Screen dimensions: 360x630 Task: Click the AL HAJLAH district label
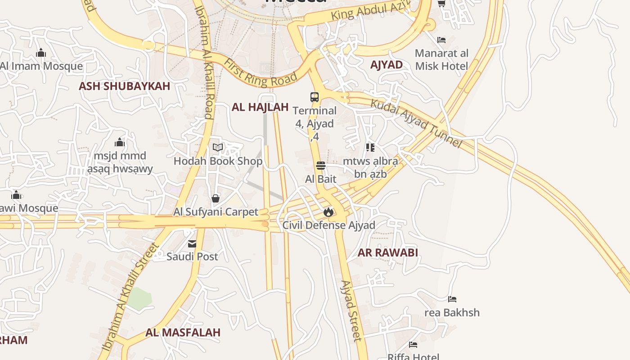(260, 107)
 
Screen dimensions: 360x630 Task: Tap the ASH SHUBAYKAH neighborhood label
(124, 86)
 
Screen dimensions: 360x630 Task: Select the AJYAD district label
(386, 64)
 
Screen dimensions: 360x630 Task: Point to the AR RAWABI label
(387, 252)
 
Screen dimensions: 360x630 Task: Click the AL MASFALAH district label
(183, 333)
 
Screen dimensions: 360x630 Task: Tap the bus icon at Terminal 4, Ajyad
(314, 97)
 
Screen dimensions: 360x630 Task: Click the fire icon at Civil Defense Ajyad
(328, 212)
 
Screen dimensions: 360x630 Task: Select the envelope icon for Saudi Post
(192, 244)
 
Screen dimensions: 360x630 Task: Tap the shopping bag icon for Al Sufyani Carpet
(216, 198)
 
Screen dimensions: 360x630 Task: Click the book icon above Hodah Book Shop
(218, 147)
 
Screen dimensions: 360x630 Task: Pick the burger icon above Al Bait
(320, 166)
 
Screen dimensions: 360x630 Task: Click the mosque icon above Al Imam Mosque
(41, 53)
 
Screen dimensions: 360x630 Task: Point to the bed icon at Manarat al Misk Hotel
(441, 40)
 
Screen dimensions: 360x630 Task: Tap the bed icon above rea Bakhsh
(452, 299)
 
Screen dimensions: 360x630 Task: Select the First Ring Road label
(261, 72)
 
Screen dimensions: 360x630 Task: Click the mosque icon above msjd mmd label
(119, 143)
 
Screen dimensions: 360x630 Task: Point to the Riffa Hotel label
(413, 357)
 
